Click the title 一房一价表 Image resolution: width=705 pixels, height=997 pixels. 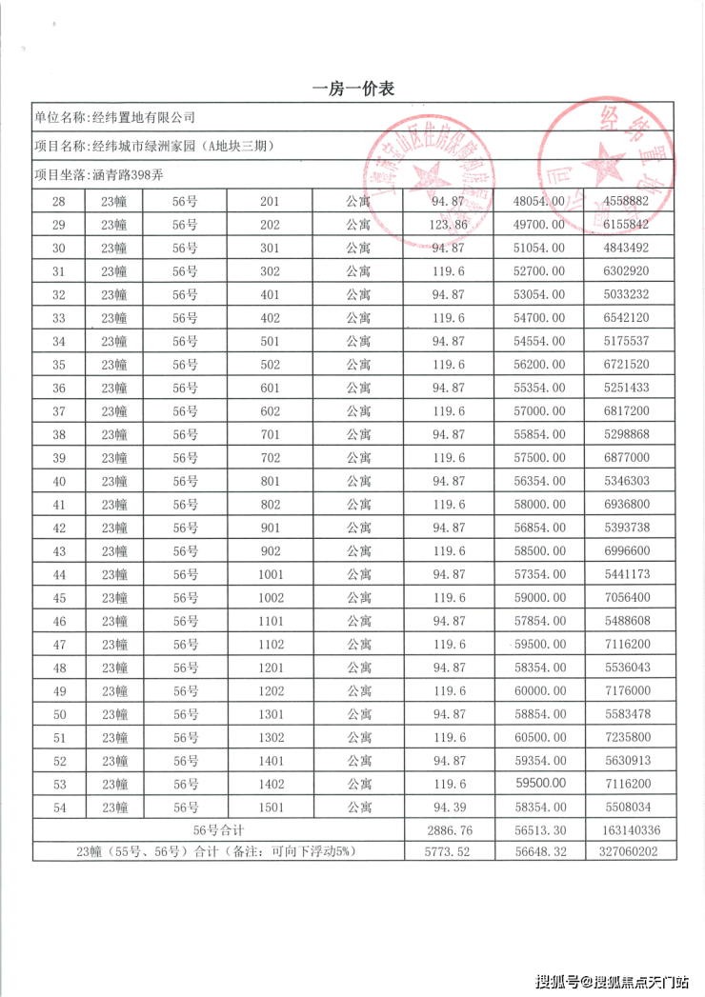353,89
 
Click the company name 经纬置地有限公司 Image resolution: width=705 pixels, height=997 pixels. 143,117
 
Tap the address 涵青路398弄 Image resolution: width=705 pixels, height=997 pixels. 129,175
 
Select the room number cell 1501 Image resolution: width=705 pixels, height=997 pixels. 270,808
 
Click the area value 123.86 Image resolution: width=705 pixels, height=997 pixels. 450,225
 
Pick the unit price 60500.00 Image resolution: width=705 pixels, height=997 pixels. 540,738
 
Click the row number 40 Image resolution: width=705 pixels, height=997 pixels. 59,481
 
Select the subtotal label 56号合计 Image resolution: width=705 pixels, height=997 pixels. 219,830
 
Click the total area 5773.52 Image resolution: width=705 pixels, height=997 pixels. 450,852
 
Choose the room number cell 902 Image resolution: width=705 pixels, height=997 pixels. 270,551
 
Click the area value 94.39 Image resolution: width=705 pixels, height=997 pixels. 450,808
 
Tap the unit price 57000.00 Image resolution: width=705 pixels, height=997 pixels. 540,411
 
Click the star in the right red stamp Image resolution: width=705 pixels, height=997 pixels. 606,164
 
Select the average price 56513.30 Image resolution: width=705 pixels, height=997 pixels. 540,830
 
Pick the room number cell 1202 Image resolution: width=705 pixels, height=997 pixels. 270,691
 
